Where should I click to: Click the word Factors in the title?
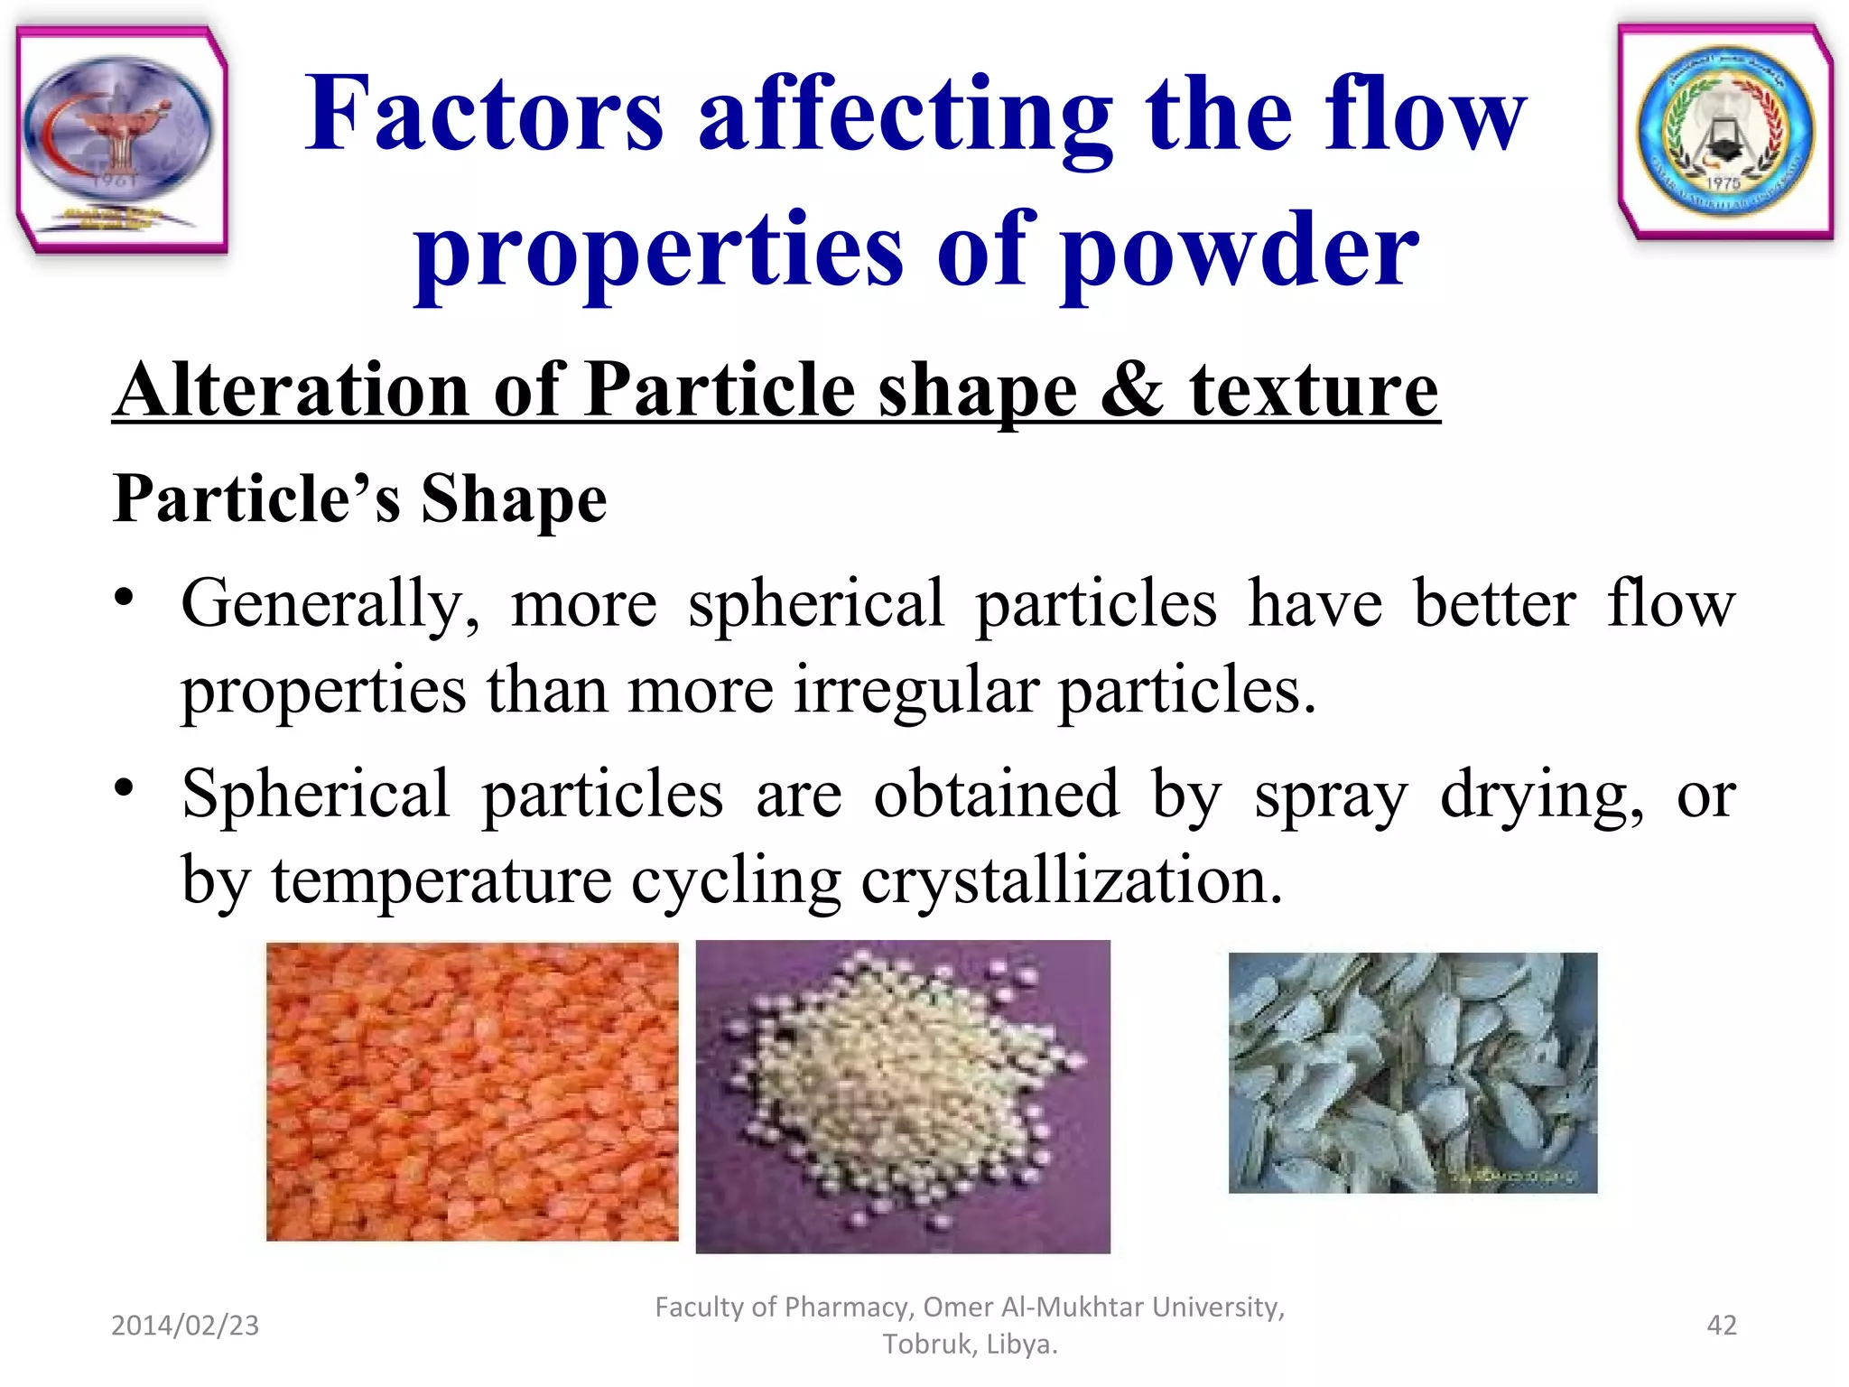tap(484, 115)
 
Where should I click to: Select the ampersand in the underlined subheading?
tap(1132, 390)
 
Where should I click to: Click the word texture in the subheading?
tap(1314, 390)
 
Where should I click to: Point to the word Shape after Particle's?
tap(514, 498)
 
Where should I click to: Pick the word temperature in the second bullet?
tap(441, 880)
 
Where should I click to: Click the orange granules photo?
tap(472, 1091)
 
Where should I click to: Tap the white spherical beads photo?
tap(903, 1096)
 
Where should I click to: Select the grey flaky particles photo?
tap(1412, 1073)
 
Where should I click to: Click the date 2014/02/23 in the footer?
tap(185, 1325)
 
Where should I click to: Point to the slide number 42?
tap(1721, 1325)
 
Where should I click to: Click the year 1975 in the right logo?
tap(1723, 183)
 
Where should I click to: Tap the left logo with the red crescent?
tap(121, 138)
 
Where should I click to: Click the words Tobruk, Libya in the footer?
tap(970, 1345)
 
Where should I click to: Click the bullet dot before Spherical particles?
tap(125, 787)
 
